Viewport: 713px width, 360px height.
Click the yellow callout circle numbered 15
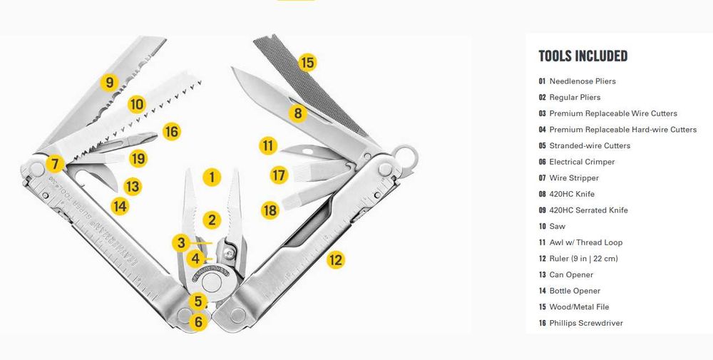coord(308,62)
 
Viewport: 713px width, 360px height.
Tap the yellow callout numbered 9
coord(110,83)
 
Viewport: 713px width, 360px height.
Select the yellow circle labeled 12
coord(336,260)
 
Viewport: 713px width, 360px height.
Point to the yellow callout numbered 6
coord(198,322)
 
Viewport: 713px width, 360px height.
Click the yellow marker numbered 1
coord(212,178)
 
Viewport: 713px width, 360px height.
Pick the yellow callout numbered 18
coord(270,210)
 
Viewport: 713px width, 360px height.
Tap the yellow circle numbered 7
coord(55,164)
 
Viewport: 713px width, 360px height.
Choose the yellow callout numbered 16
coord(171,132)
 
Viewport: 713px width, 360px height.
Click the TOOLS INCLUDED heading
coord(583,56)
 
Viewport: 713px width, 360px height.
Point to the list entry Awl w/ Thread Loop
coord(580,242)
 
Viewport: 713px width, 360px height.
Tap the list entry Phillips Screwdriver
coord(580,323)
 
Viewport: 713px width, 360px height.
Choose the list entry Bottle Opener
coord(569,291)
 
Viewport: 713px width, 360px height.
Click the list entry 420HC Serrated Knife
coord(583,210)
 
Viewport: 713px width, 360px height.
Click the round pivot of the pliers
coord(212,282)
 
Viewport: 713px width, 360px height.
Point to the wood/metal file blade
coord(311,86)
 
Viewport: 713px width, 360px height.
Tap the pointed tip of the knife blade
coord(232,68)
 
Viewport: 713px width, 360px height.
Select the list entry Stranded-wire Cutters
coord(585,146)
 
